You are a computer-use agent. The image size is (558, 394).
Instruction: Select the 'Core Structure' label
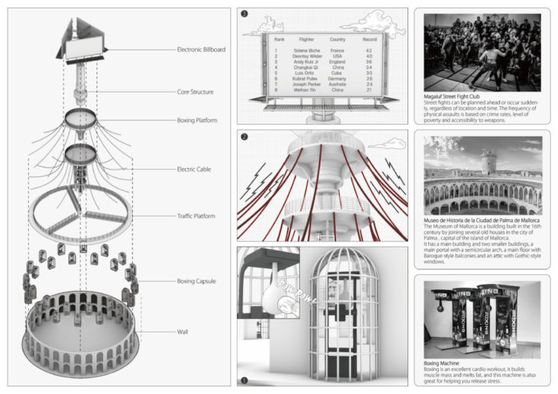194,92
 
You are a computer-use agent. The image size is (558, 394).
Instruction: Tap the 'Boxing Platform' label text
196,120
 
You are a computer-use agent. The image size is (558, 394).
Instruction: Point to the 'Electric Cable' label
193,169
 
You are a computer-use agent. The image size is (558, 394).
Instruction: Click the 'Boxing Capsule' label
196,282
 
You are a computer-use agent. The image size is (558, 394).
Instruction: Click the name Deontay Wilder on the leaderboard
307,56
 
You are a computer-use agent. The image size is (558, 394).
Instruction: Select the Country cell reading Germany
337,78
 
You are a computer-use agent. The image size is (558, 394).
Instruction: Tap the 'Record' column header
369,39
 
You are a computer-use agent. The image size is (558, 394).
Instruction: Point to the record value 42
369,50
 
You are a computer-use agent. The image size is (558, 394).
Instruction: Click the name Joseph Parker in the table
307,83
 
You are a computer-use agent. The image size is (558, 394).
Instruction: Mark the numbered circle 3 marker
244,14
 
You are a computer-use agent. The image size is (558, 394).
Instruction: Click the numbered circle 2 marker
244,137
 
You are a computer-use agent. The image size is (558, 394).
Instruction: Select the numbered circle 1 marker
244,379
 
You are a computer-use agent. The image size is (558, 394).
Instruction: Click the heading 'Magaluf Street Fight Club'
456,97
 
